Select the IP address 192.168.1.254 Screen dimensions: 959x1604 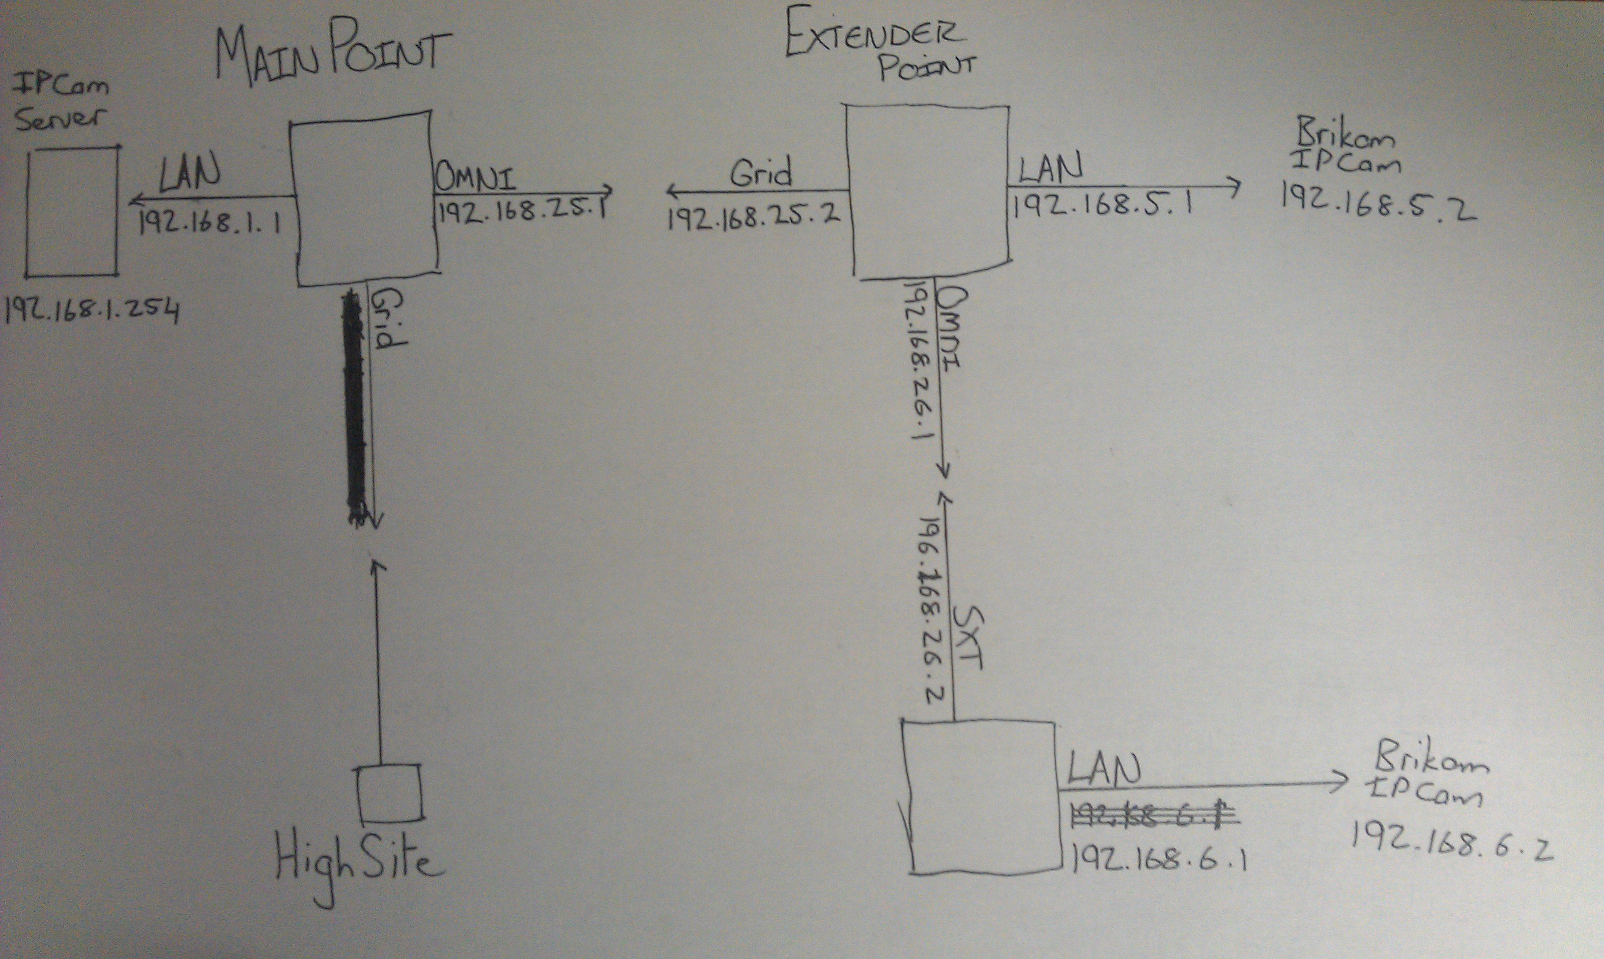pos(91,311)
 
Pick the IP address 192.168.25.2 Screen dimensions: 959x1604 pos(753,217)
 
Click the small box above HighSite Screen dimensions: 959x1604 pos(390,793)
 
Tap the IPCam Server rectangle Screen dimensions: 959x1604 pos(72,211)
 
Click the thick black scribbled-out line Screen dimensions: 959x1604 pos(355,407)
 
